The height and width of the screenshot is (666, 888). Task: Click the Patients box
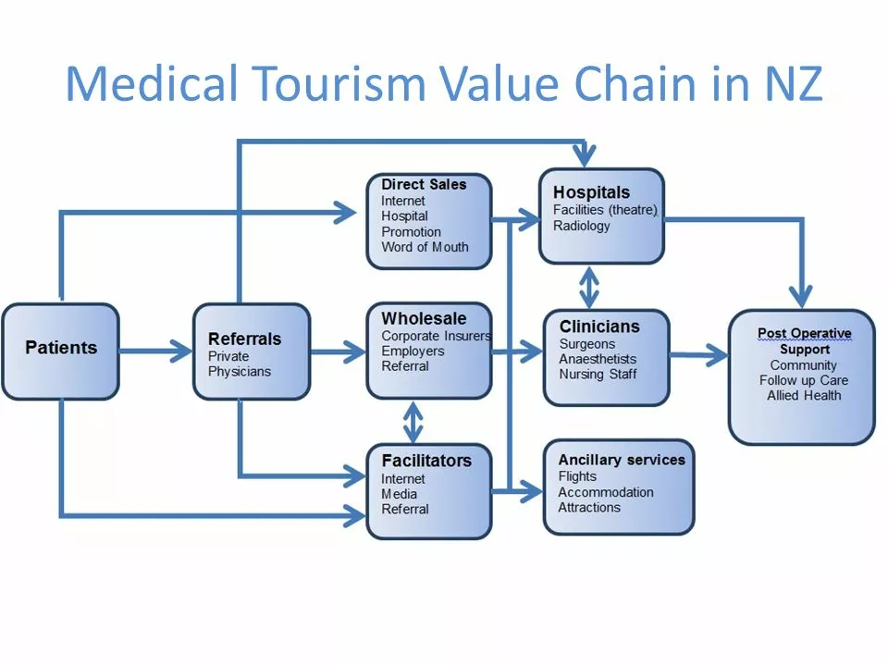(61, 351)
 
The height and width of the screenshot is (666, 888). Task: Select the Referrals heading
(244, 339)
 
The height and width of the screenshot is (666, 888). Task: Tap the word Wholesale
(424, 318)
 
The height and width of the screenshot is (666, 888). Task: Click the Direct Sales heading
(424, 184)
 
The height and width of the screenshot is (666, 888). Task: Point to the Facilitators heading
(426, 461)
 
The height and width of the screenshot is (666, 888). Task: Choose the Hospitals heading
(591, 192)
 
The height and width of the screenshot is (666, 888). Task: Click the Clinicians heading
(599, 327)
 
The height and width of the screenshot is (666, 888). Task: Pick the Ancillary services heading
(622, 460)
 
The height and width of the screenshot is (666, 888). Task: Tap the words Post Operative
(804, 333)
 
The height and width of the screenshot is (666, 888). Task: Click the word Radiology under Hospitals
(581, 226)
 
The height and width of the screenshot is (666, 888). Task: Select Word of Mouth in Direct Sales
(425, 247)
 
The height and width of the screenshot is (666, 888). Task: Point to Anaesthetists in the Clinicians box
(598, 359)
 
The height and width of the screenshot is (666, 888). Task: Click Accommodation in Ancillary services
(605, 492)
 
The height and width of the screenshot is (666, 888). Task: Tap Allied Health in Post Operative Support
(804, 395)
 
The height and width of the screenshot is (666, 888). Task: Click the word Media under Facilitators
(399, 494)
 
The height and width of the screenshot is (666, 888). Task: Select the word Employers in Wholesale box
(413, 351)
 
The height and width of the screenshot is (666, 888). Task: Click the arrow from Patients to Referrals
(155, 351)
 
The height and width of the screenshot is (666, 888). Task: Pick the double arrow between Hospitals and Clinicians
(589, 288)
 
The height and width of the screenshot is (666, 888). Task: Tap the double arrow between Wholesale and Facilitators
(413, 422)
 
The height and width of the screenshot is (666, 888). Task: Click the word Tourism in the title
(338, 84)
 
